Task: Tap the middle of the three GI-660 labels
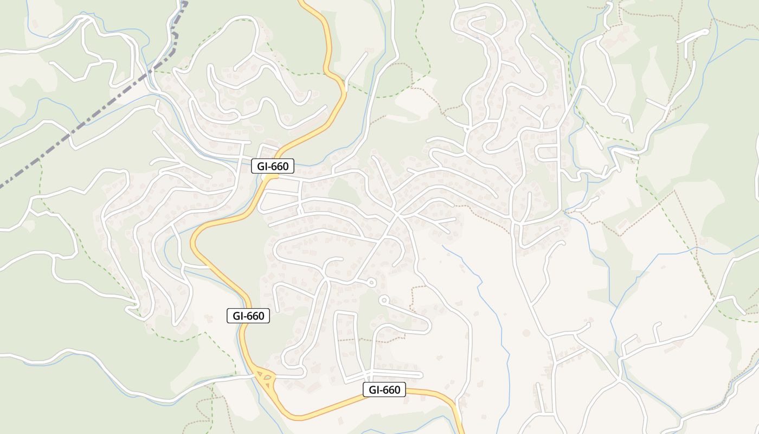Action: click(248, 316)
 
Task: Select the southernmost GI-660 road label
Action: click(384, 390)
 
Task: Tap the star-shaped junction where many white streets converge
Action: click(397, 214)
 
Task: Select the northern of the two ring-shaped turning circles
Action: click(371, 282)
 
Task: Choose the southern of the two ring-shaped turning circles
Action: click(384, 299)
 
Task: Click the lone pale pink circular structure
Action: click(526, 333)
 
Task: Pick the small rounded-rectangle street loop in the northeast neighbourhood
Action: click(546, 154)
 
